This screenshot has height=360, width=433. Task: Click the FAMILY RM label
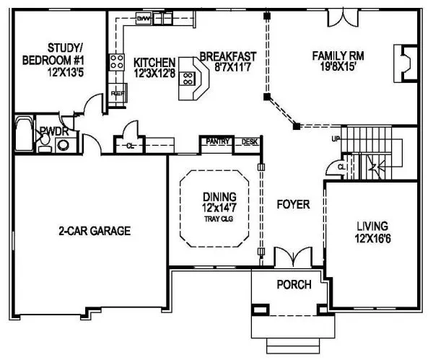pyautogui.click(x=336, y=55)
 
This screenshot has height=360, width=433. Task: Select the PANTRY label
pyautogui.click(x=219, y=141)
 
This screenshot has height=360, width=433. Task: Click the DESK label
pyautogui.click(x=249, y=141)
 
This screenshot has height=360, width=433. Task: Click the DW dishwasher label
pyautogui.click(x=144, y=17)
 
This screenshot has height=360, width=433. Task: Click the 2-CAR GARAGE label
pyautogui.click(x=94, y=232)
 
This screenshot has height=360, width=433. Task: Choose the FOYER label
pyautogui.click(x=293, y=205)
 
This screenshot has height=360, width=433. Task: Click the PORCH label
pyautogui.click(x=294, y=284)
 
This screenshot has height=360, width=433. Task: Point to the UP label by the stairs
pyautogui.click(x=334, y=139)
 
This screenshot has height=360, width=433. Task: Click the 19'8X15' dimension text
pyautogui.click(x=336, y=67)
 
